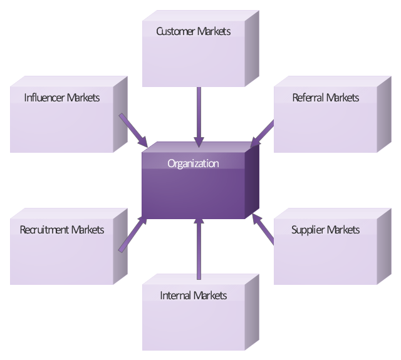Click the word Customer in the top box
(x=175, y=31)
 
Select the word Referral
(x=308, y=98)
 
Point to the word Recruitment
(x=44, y=230)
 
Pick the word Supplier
(x=308, y=230)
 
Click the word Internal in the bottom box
(x=175, y=296)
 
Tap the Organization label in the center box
(x=193, y=164)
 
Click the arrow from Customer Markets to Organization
(x=199, y=116)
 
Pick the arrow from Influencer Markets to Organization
(x=132, y=128)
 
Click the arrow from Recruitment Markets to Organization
(x=132, y=234)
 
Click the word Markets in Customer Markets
(x=214, y=31)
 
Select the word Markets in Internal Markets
(x=211, y=296)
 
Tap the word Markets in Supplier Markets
(x=343, y=230)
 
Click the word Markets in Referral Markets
(x=343, y=98)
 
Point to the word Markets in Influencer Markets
(x=83, y=98)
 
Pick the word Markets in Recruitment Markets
(x=88, y=230)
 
